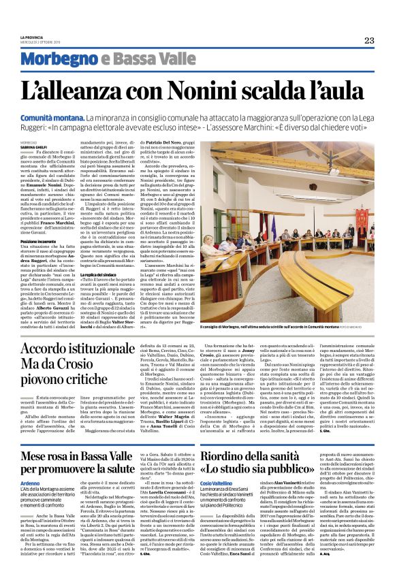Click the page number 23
point(368,39)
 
